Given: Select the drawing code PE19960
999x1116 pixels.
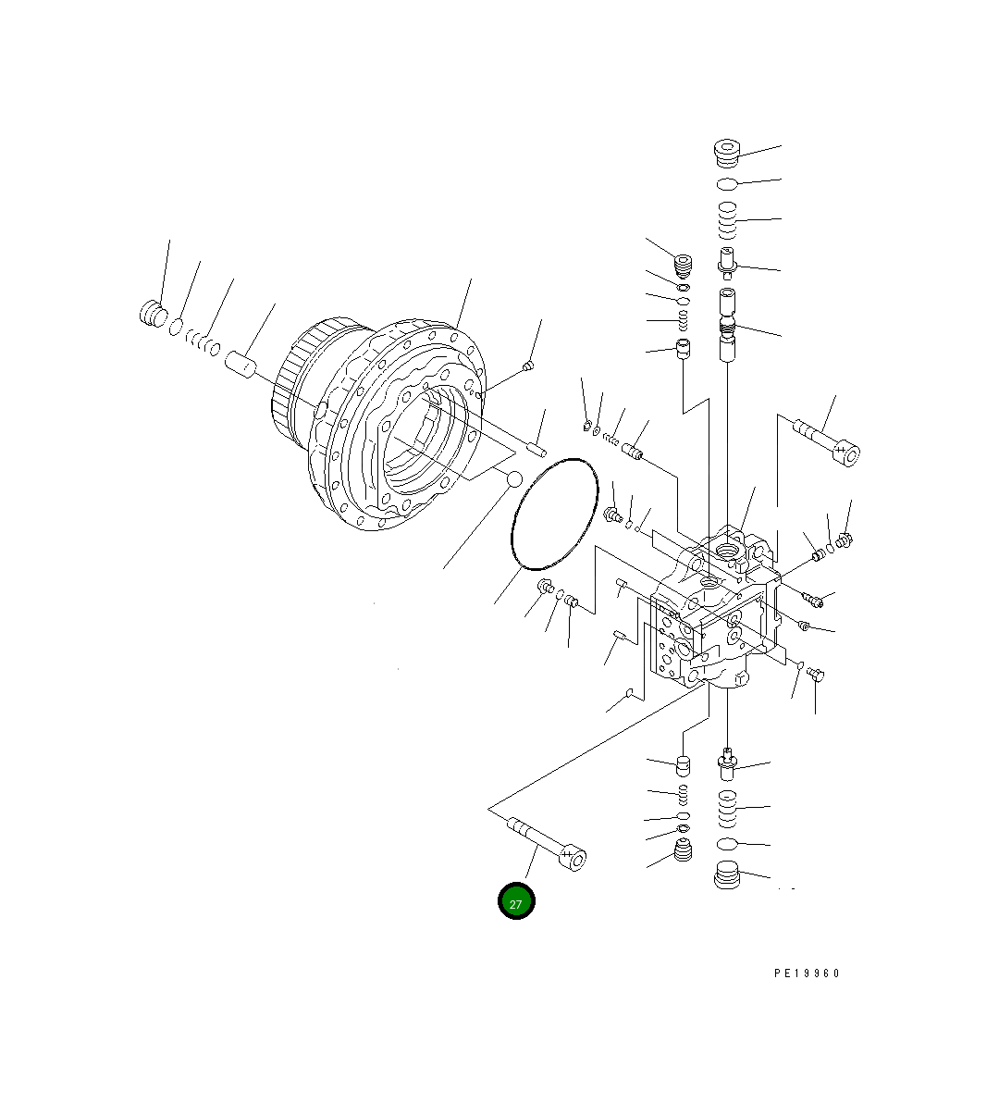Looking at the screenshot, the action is pyautogui.click(x=807, y=988).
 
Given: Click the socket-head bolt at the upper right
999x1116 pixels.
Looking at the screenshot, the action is pyautogui.click(x=826, y=443).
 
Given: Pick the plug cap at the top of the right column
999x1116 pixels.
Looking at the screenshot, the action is pyautogui.click(x=726, y=153).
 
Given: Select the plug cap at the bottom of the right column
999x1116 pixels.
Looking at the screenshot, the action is pyautogui.click(x=726, y=874).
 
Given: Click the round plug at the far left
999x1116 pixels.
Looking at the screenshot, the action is pyautogui.click(x=154, y=314).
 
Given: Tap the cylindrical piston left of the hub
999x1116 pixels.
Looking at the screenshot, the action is pyautogui.click(x=240, y=364).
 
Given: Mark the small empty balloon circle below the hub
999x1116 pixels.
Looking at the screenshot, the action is pyautogui.click(x=514, y=479).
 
